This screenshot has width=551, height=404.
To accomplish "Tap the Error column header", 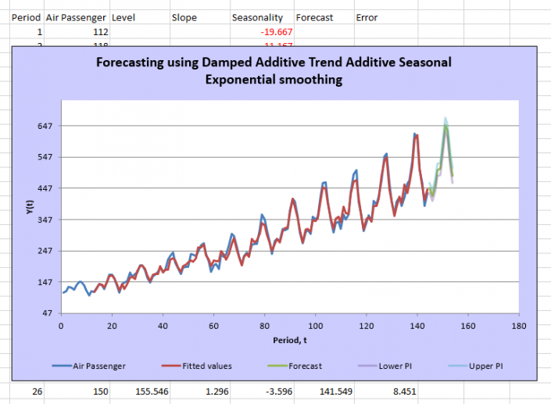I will pyautogui.click(x=367, y=17).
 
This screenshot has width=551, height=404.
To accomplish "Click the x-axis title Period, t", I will pyautogui.click(x=290, y=340).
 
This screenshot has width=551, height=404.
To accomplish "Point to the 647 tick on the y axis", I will pyautogui.click(x=45, y=126).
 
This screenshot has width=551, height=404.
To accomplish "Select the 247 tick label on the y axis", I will pyautogui.click(x=45, y=251).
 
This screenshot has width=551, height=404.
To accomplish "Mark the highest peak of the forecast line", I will pyautogui.click(x=445, y=126).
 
